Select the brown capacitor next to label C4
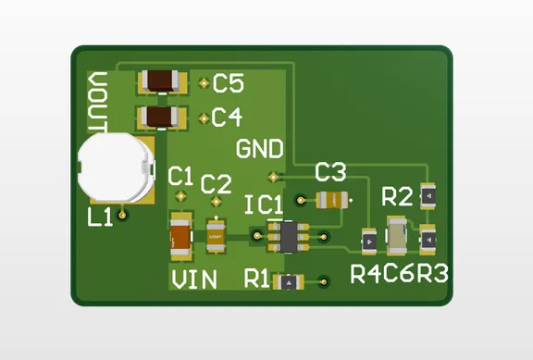coord(163,118)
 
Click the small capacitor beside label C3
coord(331,199)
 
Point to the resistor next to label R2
coord(428,196)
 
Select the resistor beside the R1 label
coord(291,280)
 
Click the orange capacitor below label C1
coord(180,237)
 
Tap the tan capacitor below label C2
coord(217,235)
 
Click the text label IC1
coord(265,203)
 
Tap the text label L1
coord(99,217)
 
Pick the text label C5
coord(228,84)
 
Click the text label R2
coord(397,196)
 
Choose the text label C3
coord(330,172)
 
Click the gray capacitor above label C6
coord(398,236)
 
